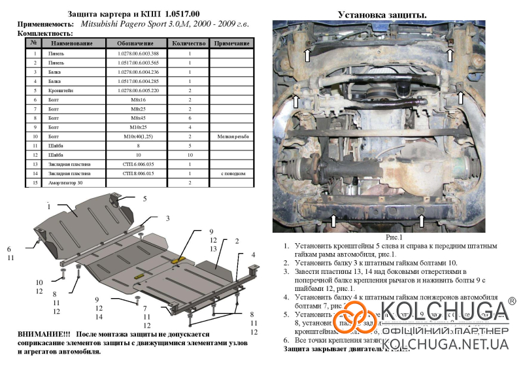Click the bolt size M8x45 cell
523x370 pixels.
tap(137, 118)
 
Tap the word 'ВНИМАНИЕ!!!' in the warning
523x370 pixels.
tap(42, 334)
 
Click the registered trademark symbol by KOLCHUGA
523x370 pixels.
tap(511, 301)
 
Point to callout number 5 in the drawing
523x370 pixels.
tap(144, 198)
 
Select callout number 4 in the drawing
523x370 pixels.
tap(252, 254)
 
